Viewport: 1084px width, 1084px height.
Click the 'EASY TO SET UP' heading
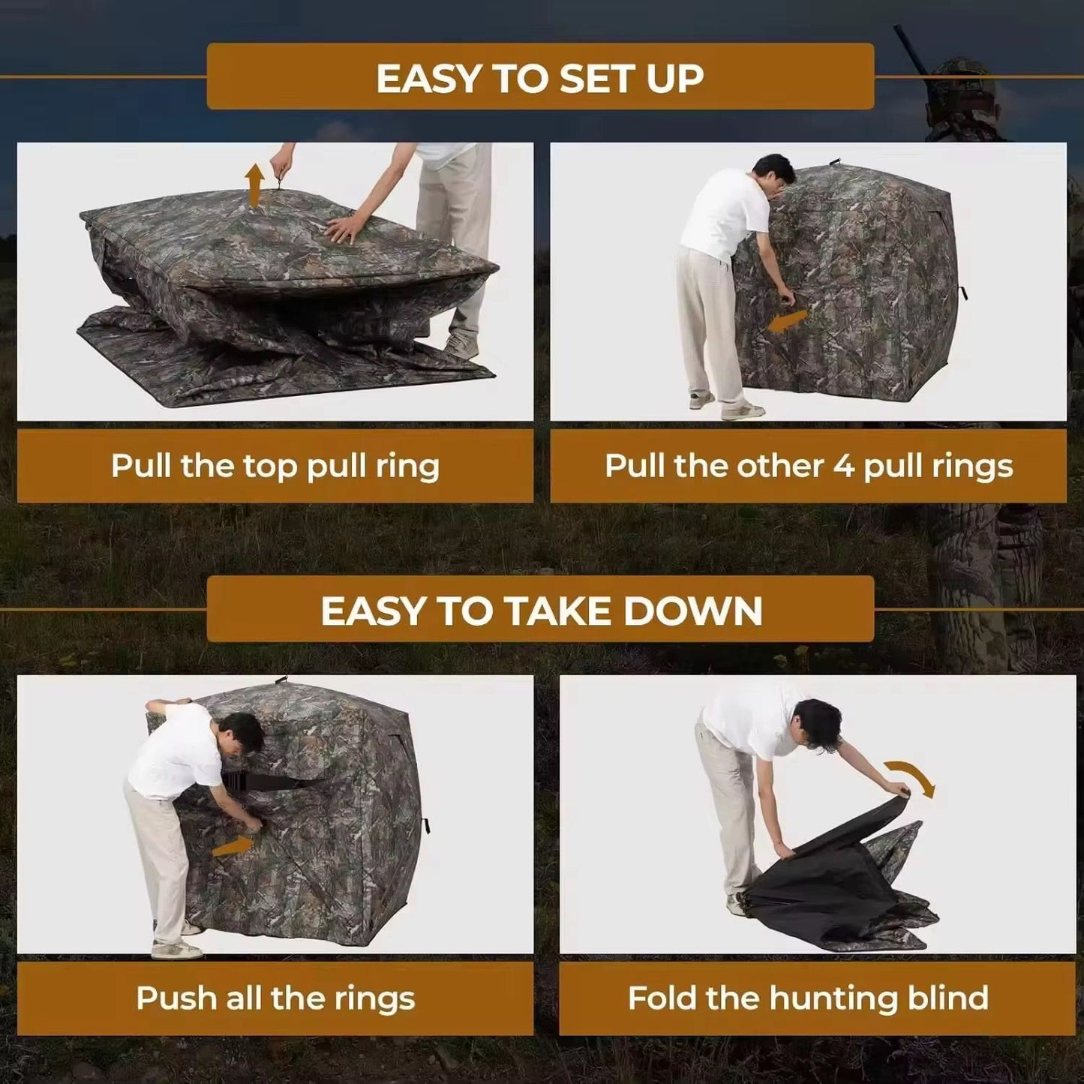[540, 78]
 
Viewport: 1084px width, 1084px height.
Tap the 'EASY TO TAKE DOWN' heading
[541, 611]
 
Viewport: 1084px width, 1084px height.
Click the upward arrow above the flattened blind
[255, 185]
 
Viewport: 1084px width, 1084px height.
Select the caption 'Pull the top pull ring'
[275, 466]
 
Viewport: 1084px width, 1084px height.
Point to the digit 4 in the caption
[843, 466]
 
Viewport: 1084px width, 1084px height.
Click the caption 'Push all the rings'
[275, 998]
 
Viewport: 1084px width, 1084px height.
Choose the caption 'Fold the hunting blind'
[808, 998]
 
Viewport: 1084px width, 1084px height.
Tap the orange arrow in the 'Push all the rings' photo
[232, 845]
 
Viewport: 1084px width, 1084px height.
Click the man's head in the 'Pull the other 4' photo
[774, 174]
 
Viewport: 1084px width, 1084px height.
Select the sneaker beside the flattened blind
[461, 346]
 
